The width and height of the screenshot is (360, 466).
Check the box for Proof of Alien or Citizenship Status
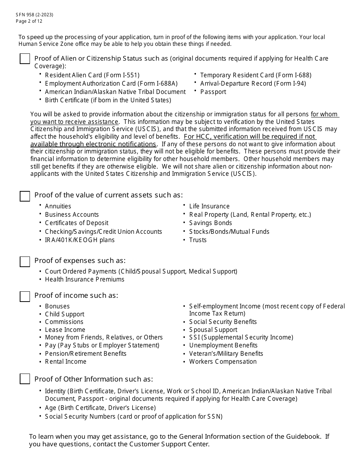tap(25, 59)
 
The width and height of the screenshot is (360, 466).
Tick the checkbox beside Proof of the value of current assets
tap(25, 196)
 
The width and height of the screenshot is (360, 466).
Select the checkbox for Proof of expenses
tap(25, 261)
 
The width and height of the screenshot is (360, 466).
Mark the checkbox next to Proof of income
tap(25, 296)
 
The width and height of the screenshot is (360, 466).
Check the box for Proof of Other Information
tap(25, 379)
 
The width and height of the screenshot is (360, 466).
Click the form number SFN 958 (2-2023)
tap(34, 15)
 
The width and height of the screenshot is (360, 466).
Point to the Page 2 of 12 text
tap(29, 21)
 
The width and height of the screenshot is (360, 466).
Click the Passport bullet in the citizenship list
tap(213, 92)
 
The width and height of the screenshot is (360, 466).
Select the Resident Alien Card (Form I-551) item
tap(92, 75)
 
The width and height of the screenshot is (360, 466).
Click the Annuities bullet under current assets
tap(58, 206)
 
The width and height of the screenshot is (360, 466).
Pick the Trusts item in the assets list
tap(198, 240)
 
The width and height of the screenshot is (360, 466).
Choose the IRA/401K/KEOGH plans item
tap(80, 240)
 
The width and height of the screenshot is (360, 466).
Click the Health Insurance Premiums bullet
tap(85, 279)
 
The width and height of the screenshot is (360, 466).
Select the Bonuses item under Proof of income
tap(57, 306)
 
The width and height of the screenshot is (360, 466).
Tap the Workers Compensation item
tap(223, 361)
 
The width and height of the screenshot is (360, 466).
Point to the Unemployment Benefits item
tap(223, 345)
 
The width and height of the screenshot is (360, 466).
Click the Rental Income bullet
tap(66, 361)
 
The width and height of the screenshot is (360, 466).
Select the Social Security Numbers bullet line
tap(133, 416)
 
